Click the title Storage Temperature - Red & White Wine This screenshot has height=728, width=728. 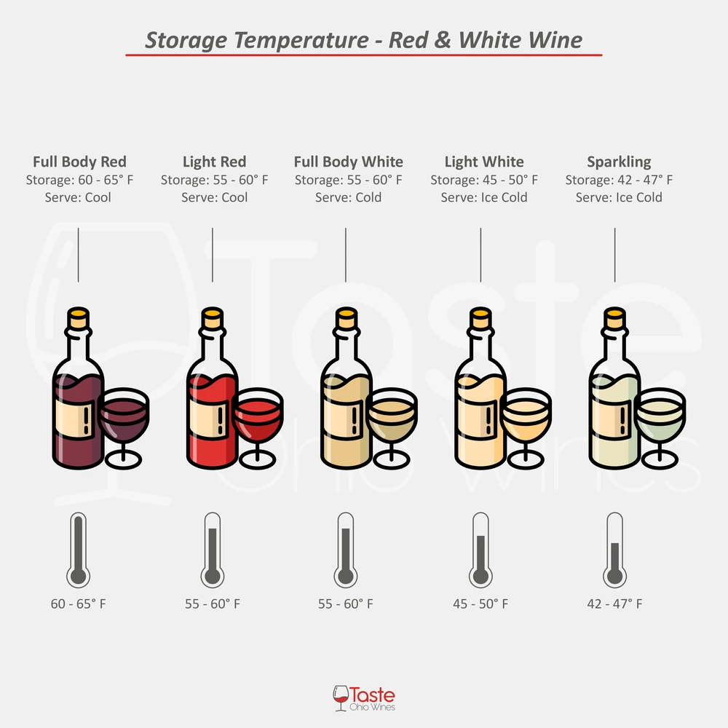point(364,39)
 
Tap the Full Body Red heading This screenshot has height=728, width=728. point(79,162)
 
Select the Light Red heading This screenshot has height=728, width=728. point(214,162)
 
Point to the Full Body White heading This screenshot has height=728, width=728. point(348,162)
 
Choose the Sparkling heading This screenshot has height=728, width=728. point(619,162)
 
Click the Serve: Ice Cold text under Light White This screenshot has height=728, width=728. point(484,197)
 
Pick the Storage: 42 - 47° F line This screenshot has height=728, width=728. point(619,180)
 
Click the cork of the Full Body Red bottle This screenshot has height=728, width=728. point(78,316)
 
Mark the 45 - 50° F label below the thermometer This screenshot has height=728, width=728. point(480,604)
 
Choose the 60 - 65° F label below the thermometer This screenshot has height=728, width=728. point(78,604)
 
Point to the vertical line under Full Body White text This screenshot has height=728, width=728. point(346,255)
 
